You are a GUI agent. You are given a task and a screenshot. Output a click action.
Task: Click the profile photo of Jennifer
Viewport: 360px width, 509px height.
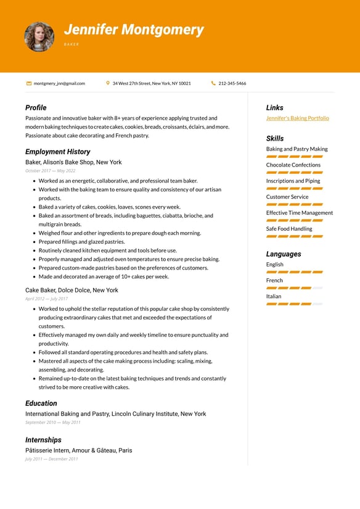(39, 36)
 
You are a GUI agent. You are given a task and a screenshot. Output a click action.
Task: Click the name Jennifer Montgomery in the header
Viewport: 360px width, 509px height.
(134, 30)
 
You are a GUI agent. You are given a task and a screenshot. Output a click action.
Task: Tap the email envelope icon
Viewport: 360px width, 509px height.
(29, 83)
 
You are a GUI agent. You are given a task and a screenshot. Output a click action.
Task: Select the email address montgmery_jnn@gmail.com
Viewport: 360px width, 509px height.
(59, 83)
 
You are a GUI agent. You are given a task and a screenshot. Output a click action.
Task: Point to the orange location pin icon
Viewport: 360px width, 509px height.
(108, 83)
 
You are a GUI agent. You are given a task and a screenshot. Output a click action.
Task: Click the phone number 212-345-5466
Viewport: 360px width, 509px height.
(232, 83)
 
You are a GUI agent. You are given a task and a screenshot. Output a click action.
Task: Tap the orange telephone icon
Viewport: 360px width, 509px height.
(213, 83)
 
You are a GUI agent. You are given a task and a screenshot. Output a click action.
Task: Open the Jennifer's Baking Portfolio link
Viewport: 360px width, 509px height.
(297, 118)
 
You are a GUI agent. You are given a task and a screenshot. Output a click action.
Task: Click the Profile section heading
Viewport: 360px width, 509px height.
(36, 107)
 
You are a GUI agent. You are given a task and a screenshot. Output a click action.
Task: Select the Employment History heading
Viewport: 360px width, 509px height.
(57, 152)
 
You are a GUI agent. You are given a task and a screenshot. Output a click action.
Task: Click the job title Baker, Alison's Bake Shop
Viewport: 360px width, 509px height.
(73, 162)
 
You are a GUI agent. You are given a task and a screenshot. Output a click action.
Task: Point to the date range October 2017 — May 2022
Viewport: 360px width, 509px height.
(51, 171)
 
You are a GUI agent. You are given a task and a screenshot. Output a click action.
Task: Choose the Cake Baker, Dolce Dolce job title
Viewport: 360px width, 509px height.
(72, 290)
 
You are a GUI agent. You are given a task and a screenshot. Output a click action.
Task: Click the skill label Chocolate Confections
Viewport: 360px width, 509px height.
(293, 165)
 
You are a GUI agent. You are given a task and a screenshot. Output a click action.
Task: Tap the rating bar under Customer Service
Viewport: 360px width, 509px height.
(294, 204)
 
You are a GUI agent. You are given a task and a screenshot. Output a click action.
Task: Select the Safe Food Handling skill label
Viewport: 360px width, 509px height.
(289, 229)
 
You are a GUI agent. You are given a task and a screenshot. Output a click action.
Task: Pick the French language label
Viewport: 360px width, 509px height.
(274, 280)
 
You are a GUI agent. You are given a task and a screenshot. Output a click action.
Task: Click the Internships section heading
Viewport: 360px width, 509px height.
(43, 440)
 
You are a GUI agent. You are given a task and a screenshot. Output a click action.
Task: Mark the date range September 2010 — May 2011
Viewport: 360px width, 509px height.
(53, 423)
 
